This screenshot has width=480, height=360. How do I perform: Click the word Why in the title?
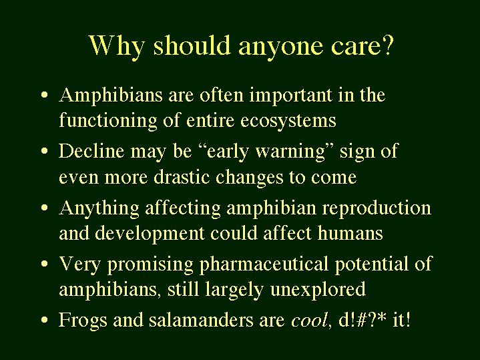[117, 47]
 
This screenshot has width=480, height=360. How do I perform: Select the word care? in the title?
[362, 47]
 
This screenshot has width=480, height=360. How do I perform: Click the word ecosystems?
[288, 121]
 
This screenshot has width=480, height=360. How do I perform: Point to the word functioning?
[107, 120]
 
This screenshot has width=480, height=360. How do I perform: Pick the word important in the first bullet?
[291, 96]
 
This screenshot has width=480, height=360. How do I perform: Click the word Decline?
[91, 151]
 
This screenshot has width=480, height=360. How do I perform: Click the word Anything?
[99, 208]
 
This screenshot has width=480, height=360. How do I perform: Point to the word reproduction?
[377, 208]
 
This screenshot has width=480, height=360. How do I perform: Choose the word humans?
[350, 234]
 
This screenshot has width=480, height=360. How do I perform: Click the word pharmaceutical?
[264, 264]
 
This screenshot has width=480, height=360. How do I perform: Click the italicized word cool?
[308, 320]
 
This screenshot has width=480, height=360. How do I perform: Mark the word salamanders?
[201, 319]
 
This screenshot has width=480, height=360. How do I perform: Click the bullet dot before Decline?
[44, 152]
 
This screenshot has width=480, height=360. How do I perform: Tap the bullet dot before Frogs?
[44, 320]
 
